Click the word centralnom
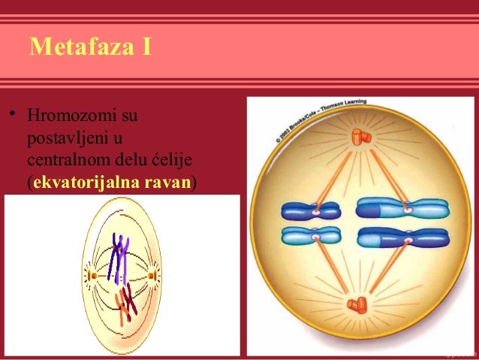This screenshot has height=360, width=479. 67,161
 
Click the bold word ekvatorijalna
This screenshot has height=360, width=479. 82,183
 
